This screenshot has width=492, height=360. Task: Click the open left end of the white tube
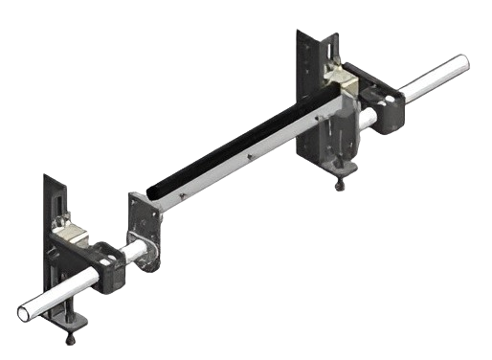24,311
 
